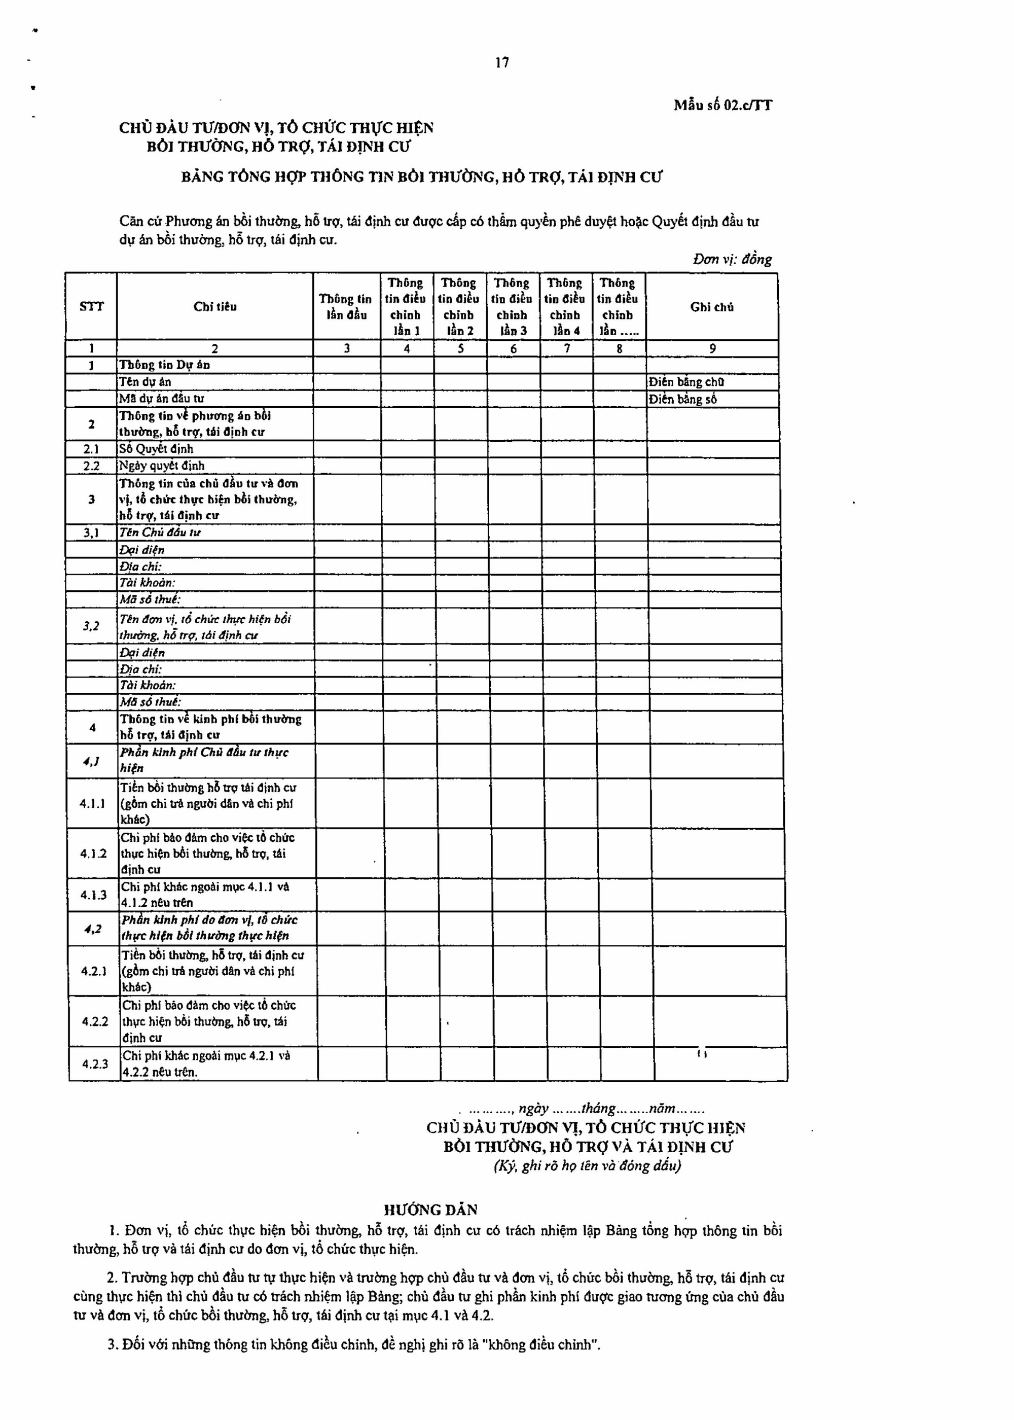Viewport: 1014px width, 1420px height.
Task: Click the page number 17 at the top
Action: tap(502, 62)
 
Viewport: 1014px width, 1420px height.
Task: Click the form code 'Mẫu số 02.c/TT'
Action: tap(722, 105)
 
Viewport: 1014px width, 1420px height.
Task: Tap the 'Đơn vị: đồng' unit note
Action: tap(732, 259)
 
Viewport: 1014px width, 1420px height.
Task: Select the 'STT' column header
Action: tap(91, 307)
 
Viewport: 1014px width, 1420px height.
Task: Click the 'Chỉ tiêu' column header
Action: tap(215, 307)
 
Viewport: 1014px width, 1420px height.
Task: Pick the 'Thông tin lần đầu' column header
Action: tap(346, 307)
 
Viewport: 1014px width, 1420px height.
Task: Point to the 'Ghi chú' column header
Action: tap(712, 307)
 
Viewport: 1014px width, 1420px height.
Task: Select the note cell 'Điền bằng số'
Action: tap(682, 399)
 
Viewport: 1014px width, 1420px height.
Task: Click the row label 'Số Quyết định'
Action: tap(156, 449)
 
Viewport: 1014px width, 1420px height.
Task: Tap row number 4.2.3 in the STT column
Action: tap(95, 1063)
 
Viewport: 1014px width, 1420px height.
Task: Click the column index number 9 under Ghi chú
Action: tap(712, 349)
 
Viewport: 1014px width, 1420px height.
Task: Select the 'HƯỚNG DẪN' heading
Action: tap(430, 1210)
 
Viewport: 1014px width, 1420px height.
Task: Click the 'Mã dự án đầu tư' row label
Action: tap(162, 399)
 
